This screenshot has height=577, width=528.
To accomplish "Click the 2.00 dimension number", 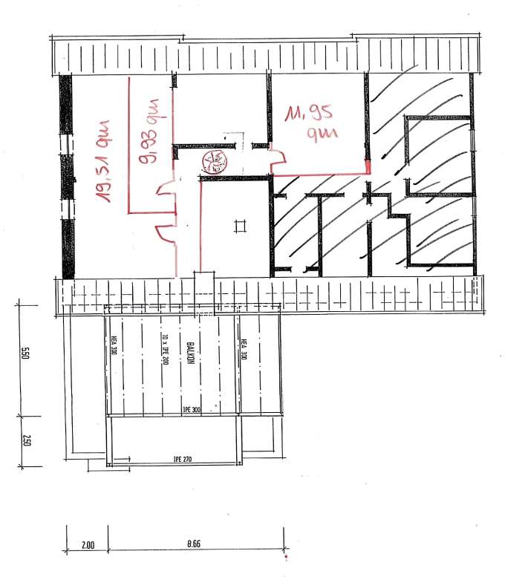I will [x=87, y=545].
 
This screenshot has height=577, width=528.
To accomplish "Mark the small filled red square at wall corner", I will [x=368, y=166].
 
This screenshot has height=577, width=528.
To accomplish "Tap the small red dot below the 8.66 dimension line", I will [x=284, y=556].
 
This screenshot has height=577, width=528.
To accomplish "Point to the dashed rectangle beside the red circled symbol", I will [x=232, y=146].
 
